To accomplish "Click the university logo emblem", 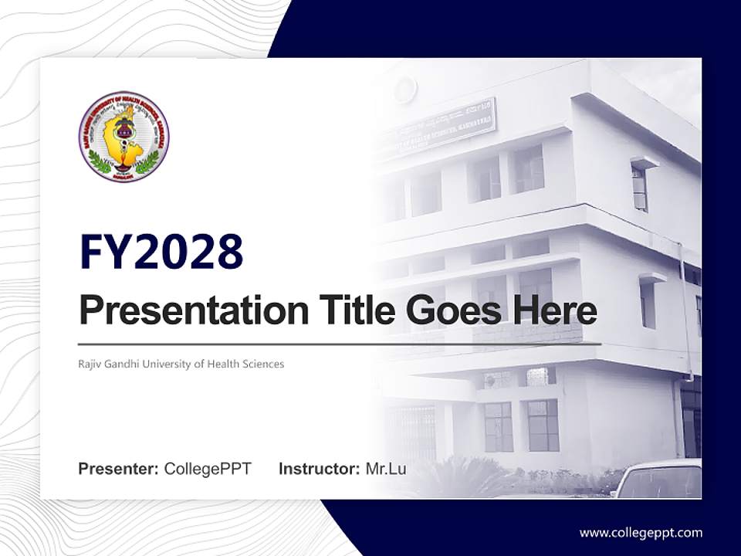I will (x=123, y=137).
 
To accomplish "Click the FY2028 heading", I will (x=161, y=252).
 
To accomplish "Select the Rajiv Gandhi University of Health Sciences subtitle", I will (x=181, y=364).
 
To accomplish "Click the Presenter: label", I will (x=119, y=469).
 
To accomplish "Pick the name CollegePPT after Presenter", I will (x=208, y=469).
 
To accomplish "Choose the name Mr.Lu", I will (x=386, y=469).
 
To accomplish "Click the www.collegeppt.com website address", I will (x=641, y=533).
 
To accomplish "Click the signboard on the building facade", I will (x=440, y=128).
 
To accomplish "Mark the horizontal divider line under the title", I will (x=340, y=344).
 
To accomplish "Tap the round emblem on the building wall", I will (x=406, y=90).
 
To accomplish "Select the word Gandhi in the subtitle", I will (x=123, y=364).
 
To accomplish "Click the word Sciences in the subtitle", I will (x=264, y=364).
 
